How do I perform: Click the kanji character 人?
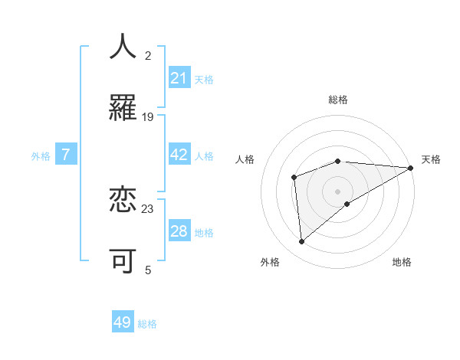pos(123,47)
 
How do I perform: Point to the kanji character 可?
pos(123,260)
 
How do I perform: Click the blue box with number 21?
pos(179,78)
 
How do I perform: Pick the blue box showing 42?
pos(179,155)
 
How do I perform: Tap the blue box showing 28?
pos(179,231)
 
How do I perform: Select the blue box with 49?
pos(123,322)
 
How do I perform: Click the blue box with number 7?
pos(66,155)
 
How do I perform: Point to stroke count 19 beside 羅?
pos(148,117)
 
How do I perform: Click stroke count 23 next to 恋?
pos(148,208)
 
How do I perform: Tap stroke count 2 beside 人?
pos(148,56)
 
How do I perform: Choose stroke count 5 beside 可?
pos(148,270)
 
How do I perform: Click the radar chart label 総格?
pos(338,100)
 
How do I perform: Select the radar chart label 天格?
pos(431,159)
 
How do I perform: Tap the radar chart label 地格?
pos(402,262)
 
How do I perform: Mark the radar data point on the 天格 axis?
pos(411,168)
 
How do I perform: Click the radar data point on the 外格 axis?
pos(302,241)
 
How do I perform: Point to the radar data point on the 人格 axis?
pos(294,178)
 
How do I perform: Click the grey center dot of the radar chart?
pos(338,191)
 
